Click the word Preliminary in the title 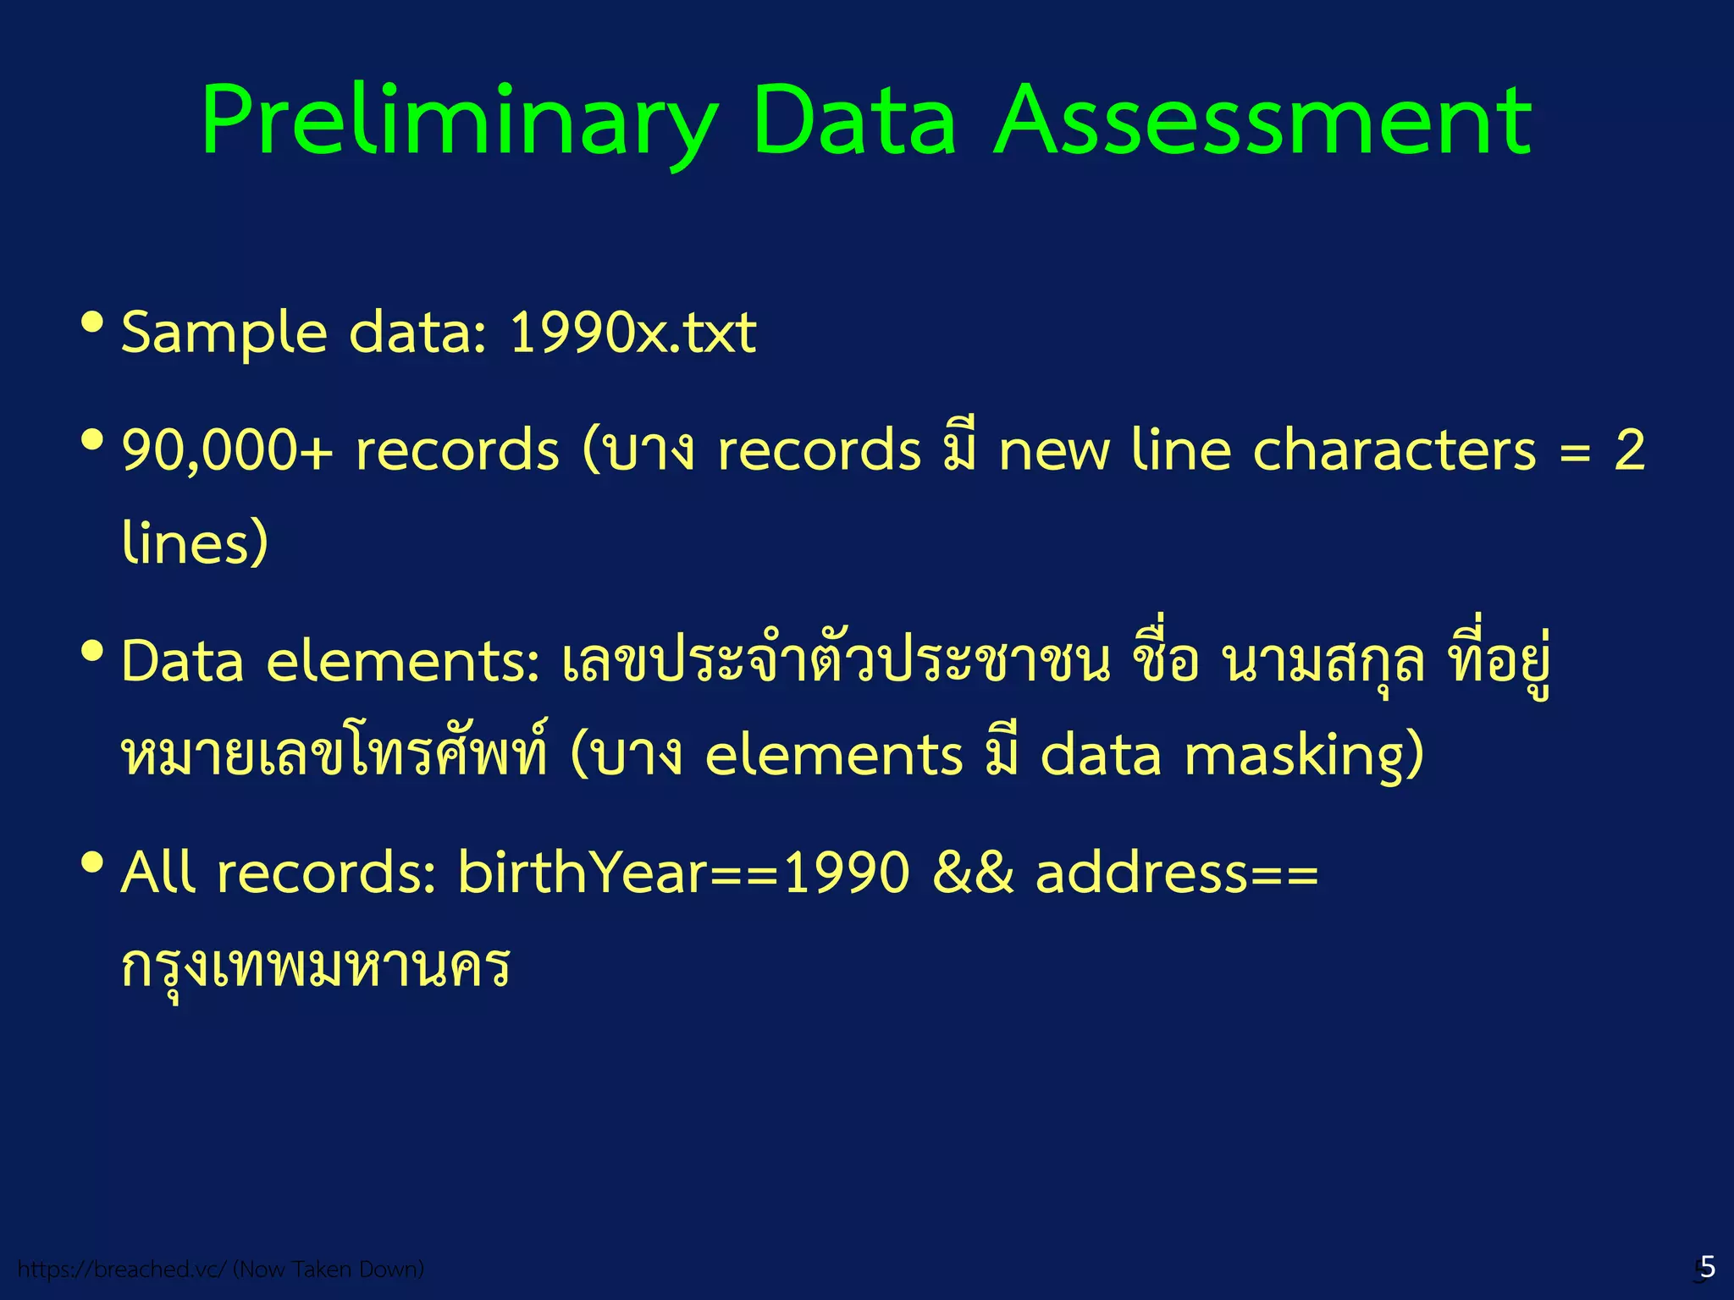457,123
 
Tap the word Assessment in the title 1262,123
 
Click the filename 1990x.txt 632,333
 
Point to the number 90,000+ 227,450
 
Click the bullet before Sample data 91,322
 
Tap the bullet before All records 91,863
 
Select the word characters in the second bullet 1394,450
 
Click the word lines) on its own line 195,543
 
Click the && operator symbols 972,873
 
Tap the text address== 1177,873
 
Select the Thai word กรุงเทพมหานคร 315,967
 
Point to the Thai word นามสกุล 1323,662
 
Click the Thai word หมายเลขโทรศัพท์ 334,755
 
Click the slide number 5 1707,1267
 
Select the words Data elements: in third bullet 330,662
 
